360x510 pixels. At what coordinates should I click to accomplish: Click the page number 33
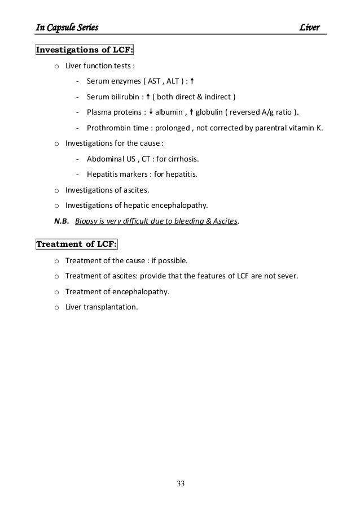click(180, 483)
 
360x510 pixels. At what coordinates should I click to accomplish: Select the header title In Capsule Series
click(68, 28)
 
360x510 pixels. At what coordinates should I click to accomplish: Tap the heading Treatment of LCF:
click(77, 244)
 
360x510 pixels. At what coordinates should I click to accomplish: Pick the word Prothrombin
click(108, 128)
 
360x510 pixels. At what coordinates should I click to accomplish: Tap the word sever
click(286, 277)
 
